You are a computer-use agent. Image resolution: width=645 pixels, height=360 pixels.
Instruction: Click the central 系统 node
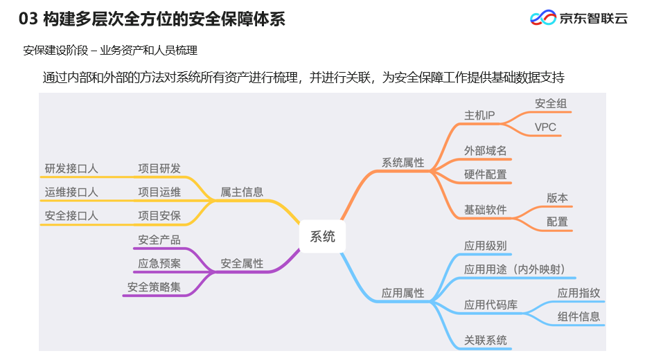coord(322,237)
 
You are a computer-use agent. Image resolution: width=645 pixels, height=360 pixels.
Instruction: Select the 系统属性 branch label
coord(403,163)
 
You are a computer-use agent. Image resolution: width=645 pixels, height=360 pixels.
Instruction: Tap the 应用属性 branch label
coord(403,294)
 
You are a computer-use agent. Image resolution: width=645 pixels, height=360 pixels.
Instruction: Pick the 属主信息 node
coord(242,192)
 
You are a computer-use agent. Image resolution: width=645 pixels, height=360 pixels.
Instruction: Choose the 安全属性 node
coord(242,264)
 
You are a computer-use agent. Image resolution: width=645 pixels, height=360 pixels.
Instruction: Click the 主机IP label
coord(479,115)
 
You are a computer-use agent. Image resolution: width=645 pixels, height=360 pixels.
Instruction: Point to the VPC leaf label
coord(545,127)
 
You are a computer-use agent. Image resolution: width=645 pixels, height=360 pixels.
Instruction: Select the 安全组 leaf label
coord(551,103)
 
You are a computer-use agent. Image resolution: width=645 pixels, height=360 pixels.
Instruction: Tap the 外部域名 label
coord(485,150)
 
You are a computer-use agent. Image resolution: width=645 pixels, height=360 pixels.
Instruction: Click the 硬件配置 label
coord(485,174)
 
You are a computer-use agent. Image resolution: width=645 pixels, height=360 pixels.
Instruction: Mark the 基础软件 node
coord(485,210)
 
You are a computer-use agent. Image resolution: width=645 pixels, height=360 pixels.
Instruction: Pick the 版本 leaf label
coord(557,198)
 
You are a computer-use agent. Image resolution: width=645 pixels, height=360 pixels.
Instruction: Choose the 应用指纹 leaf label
coord(578,293)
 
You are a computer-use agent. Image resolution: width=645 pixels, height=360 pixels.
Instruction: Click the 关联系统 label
coord(485,340)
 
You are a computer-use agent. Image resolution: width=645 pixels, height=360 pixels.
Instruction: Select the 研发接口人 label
coord(71,168)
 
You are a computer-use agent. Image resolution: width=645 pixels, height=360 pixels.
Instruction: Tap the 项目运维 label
coord(159,192)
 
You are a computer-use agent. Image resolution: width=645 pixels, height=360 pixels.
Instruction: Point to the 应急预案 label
coord(159,264)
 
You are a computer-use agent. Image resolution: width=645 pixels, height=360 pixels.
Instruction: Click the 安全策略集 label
coord(154,287)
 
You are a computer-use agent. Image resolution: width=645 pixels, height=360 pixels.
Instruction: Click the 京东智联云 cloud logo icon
coord(542,18)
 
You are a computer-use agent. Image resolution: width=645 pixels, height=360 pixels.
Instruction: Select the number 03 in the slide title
coord(28,19)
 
